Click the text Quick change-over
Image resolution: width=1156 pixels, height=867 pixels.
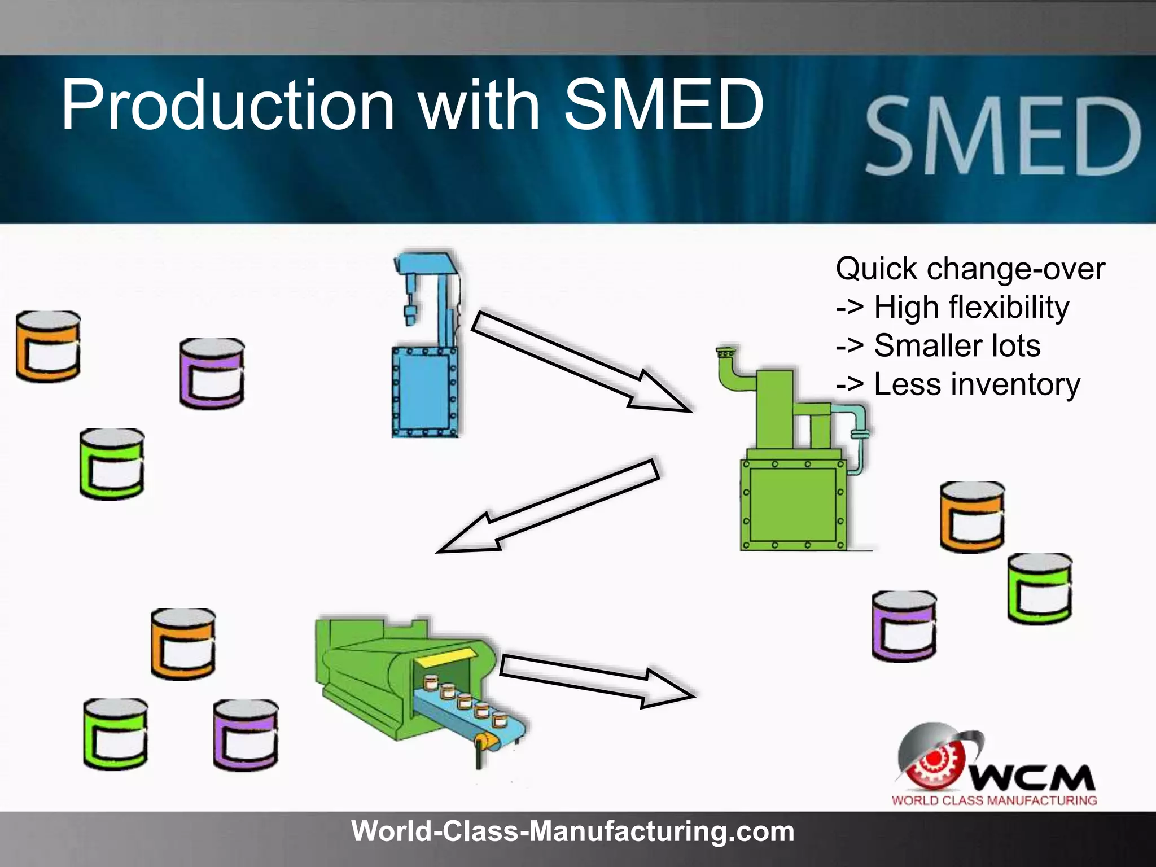(970, 269)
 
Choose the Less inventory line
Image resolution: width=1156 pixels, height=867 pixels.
(958, 385)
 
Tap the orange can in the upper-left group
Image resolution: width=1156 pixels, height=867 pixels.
(48, 347)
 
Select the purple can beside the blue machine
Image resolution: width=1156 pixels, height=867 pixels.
(212, 374)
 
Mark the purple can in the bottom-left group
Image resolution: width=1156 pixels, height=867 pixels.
(245, 735)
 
